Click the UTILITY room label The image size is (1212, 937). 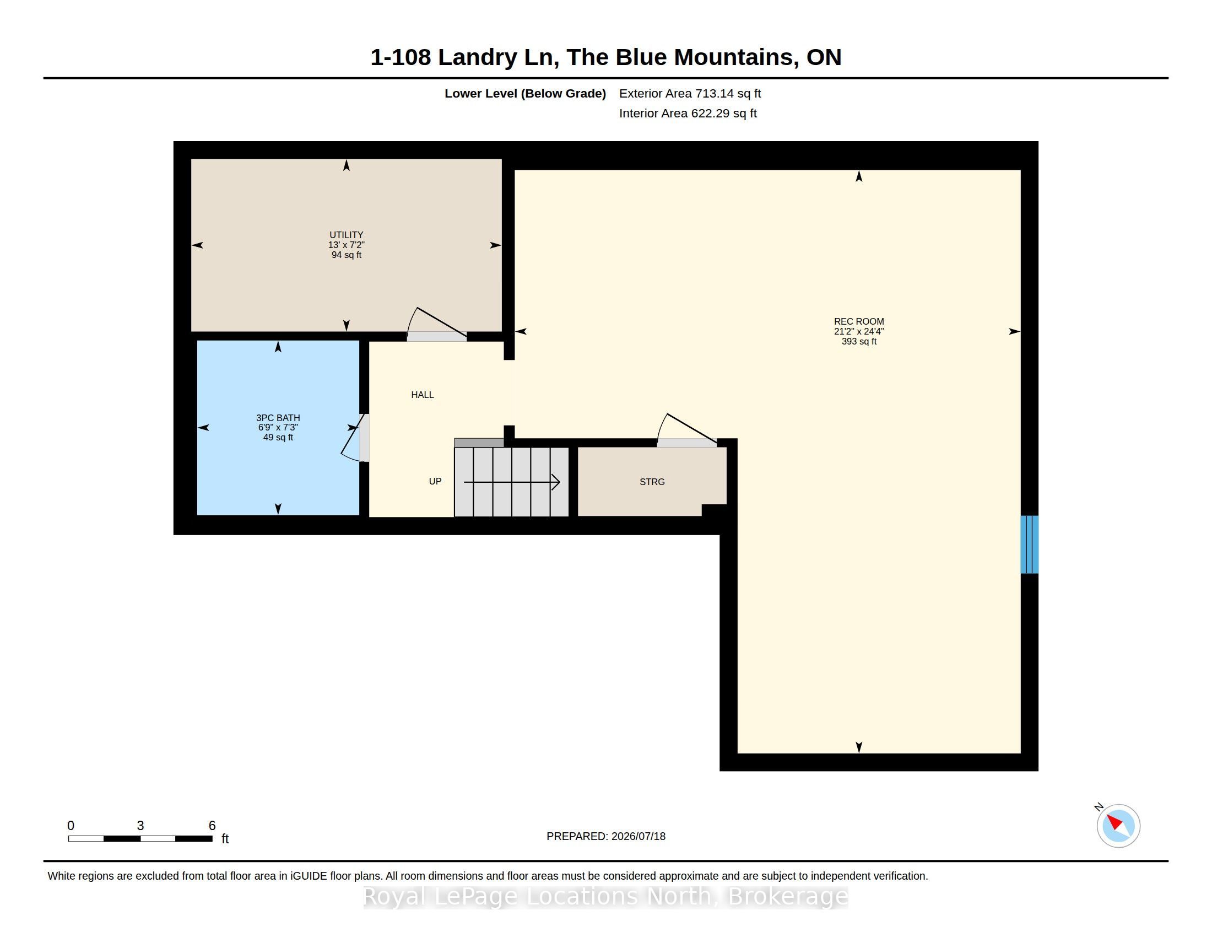(347, 235)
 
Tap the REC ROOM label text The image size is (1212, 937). (858, 321)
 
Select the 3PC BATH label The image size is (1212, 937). (278, 418)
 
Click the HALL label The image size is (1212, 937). (423, 395)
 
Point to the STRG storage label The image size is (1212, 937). (652, 482)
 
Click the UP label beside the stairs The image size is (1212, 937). (435, 481)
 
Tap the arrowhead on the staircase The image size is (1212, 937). (555, 482)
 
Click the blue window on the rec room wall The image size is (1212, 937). (1030, 545)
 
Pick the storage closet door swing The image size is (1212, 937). (686, 430)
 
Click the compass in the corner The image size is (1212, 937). (1118, 826)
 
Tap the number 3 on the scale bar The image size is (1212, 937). (140, 826)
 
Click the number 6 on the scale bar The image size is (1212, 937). (212, 826)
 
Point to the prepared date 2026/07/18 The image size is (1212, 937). (638, 836)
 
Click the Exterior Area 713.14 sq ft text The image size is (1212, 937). (690, 93)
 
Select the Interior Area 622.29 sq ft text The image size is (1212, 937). (688, 113)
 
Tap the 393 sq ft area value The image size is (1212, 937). (858, 341)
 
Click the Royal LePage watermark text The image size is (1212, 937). (605, 896)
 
